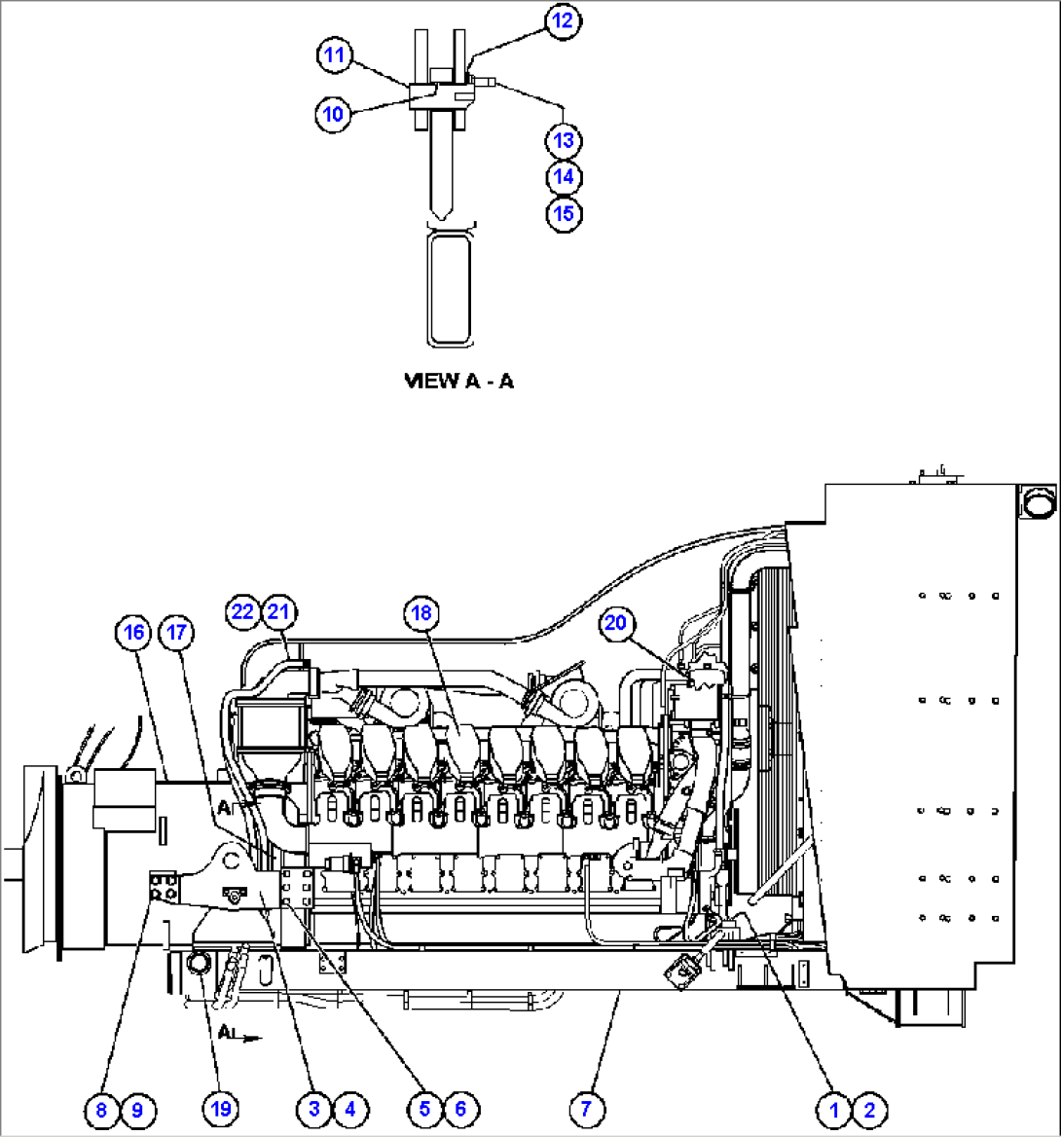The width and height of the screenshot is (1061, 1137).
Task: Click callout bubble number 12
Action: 563,20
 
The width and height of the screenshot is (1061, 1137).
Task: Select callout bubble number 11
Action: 334,55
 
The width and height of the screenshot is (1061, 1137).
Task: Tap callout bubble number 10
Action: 333,114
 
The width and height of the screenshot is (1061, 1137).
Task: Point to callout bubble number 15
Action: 564,212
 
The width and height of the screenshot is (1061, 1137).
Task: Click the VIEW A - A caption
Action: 458,381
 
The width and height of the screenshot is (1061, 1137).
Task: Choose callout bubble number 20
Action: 616,622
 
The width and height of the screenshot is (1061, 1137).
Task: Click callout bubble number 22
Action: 242,611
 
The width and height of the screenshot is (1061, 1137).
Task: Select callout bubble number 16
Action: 133,633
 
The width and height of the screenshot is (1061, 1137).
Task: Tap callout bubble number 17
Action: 176,633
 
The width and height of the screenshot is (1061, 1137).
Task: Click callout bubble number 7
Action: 586,1108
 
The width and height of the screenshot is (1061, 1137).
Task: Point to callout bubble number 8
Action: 100,1108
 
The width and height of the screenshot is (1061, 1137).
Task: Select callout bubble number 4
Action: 350,1108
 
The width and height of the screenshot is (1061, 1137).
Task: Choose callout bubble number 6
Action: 460,1108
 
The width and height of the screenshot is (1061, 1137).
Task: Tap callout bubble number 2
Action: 869,1108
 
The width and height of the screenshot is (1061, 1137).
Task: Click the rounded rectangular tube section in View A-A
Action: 450,288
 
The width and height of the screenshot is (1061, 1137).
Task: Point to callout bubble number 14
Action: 564,176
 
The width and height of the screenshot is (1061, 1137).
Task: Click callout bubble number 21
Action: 279,611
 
